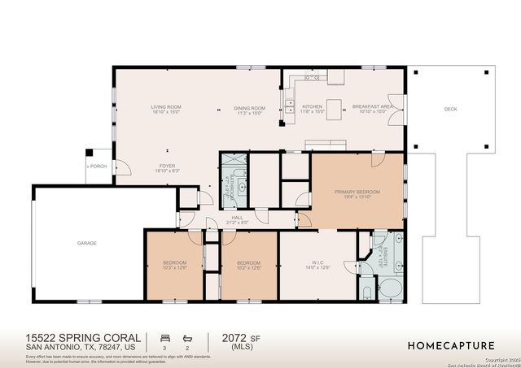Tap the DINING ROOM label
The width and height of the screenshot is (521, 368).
tap(250, 110)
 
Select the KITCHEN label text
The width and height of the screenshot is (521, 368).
tap(313, 108)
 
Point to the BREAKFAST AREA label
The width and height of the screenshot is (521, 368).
tap(374, 108)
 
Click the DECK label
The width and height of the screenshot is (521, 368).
tap(450, 109)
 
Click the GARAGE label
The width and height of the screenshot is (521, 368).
tap(87, 243)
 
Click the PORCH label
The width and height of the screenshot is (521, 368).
tap(97, 166)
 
